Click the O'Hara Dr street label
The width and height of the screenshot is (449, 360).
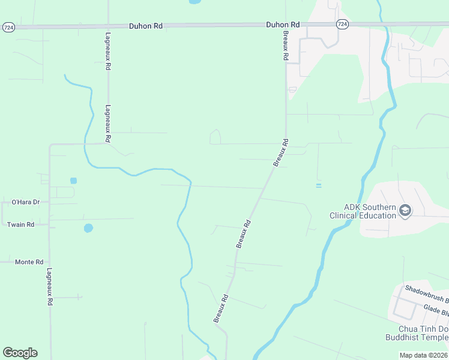tap(25, 202)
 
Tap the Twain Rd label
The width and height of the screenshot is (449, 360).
tap(20, 224)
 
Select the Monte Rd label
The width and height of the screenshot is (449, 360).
tap(29, 262)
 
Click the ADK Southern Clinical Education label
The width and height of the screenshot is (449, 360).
tap(362, 211)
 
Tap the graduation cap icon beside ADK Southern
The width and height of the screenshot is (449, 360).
tap(405, 211)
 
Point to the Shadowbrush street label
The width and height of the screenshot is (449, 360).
tap(426, 294)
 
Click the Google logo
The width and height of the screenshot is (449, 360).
tap(20, 353)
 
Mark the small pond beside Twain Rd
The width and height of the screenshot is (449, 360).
tap(88, 228)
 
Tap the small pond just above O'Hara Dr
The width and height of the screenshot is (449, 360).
tap(73, 180)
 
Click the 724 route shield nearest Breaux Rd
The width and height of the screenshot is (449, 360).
tap(342, 24)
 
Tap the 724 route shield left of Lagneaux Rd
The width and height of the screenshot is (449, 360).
tap(8, 27)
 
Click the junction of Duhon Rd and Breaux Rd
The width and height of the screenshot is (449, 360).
tap(286, 25)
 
